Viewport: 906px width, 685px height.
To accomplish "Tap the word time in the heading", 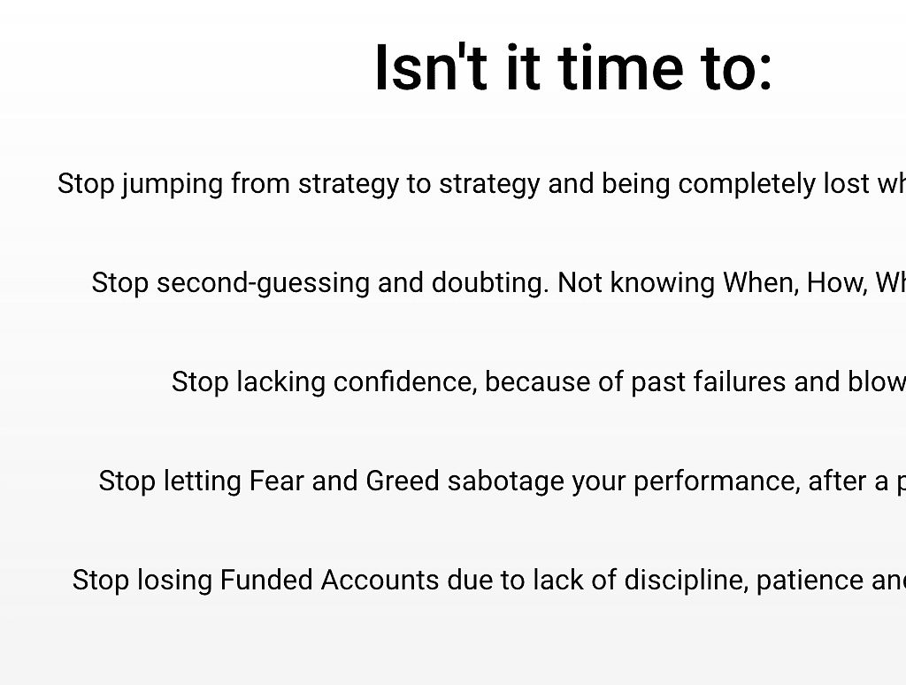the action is click(x=621, y=67).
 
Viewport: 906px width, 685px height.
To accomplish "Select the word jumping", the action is click(x=173, y=185).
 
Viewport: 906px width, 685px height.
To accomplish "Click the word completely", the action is click(x=747, y=185).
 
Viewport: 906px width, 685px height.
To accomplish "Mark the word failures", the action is click(x=739, y=382).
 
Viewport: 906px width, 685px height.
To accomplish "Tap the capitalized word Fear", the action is click(x=276, y=481).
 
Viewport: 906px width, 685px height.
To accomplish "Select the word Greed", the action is click(x=403, y=481).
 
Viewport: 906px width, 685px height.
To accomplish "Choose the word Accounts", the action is click(x=380, y=580).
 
